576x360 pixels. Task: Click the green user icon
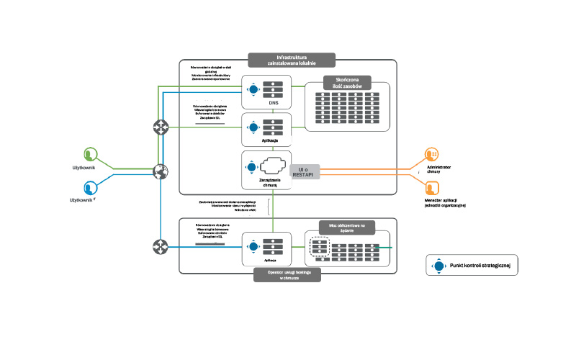tap(90, 154)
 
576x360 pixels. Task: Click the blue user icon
tap(90, 187)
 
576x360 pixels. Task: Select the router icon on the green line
tap(160, 127)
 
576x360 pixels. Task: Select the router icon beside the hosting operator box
tap(160, 247)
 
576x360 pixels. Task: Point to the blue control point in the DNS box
tap(253, 90)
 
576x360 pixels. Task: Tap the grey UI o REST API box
tap(305, 171)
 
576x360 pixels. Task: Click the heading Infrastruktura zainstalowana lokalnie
tap(287, 59)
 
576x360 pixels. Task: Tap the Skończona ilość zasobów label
tap(347, 83)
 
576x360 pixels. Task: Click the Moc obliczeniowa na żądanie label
tap(347, 226)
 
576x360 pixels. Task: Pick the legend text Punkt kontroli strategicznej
tap(480, 266)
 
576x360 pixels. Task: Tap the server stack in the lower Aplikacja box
tap(272, 246)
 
